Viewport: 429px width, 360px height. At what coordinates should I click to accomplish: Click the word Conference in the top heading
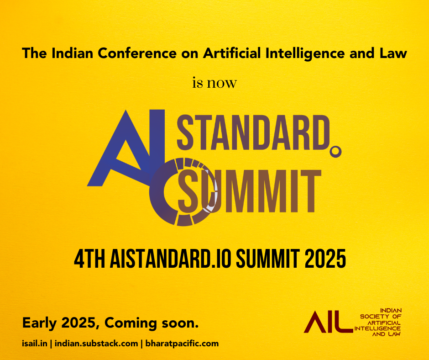click(x=137, y=53)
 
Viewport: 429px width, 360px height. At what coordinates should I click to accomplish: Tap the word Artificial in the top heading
click(x=232, y=53)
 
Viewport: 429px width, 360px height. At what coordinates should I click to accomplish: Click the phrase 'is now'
click(x=214, y=83)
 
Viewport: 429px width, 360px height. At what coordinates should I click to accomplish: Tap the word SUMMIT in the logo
click(x=250, y=191)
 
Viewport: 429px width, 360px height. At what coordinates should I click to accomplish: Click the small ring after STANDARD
click(x=336, y=152)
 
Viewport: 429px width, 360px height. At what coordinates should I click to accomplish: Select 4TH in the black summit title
click(x=89, y=259)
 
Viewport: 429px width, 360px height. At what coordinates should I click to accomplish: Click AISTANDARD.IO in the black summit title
click(x=171, y=259)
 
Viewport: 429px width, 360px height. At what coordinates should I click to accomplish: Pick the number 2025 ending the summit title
click(x=325, y=259)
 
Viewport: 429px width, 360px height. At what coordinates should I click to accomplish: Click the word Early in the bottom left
click(x=39, y=323)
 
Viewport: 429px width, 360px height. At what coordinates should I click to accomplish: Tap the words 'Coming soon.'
click(x=152, y=323)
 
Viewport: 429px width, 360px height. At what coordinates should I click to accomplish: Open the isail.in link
click(x=35, y=343)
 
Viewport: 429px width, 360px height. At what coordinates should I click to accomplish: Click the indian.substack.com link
click(x=96, y=343)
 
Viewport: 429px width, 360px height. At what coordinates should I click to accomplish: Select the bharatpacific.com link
click(x=182, y=344)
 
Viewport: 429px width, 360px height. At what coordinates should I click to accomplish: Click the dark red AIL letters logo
click(x=328, y=322)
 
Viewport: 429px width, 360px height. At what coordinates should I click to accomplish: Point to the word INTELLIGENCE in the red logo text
click(x=377, y=328)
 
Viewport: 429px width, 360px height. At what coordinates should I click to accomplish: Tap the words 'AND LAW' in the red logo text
click(x=387, y=334)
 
